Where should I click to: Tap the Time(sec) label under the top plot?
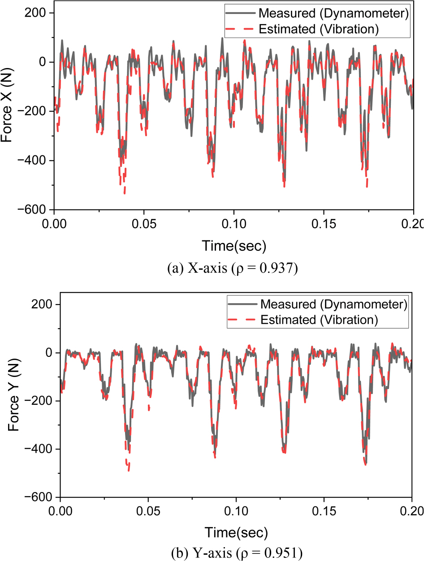tap(234, 245)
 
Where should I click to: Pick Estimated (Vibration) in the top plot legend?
tap(319, 30)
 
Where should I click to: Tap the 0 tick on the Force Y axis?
tap(49, 353)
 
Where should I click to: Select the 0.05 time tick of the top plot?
tap(144, 223)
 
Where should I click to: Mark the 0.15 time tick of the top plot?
tap(323, 223)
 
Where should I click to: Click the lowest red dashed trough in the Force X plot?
tap(124, 193)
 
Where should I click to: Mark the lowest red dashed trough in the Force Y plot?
tap(129, 470)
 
